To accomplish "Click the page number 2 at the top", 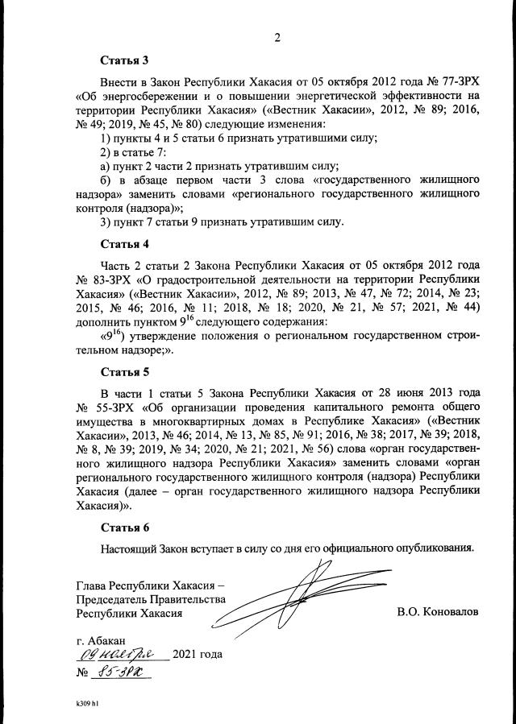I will point(277,37).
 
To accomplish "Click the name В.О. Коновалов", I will point(438,612).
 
